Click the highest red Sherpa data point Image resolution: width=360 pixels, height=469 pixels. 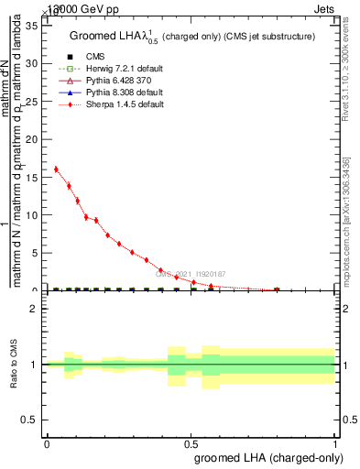tap(56, 169)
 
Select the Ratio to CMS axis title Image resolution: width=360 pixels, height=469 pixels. tap(14, 364)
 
